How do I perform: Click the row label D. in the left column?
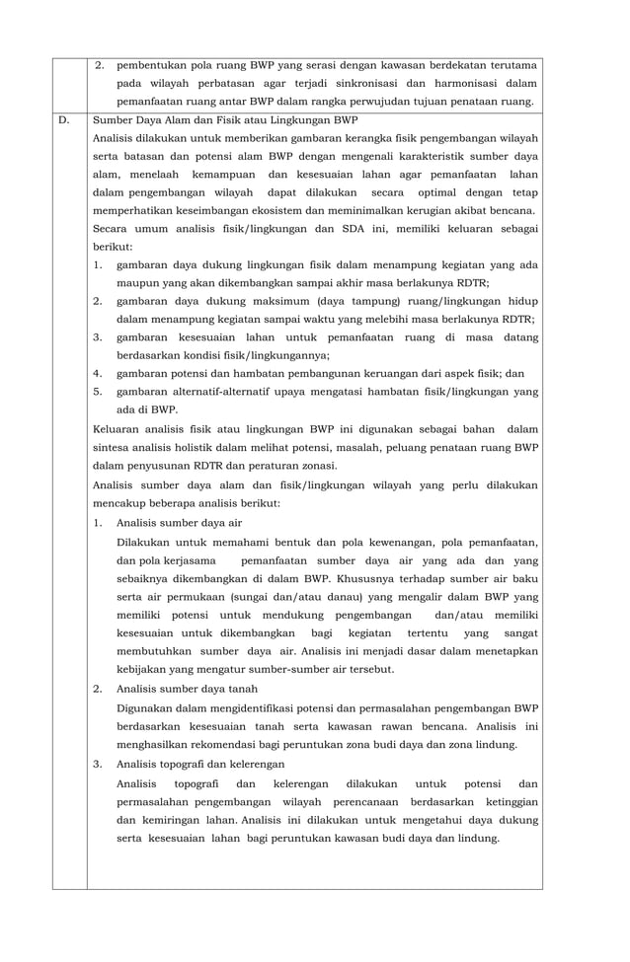click(x=64, y=120)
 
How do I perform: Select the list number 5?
click(x=97, y=392)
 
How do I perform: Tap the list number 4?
click(x=97, y=373)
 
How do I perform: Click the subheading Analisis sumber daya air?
click(x=179, y=523)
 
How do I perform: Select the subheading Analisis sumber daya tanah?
click(x=187, y=689)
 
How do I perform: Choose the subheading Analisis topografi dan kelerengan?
click(x=200, y=764)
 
